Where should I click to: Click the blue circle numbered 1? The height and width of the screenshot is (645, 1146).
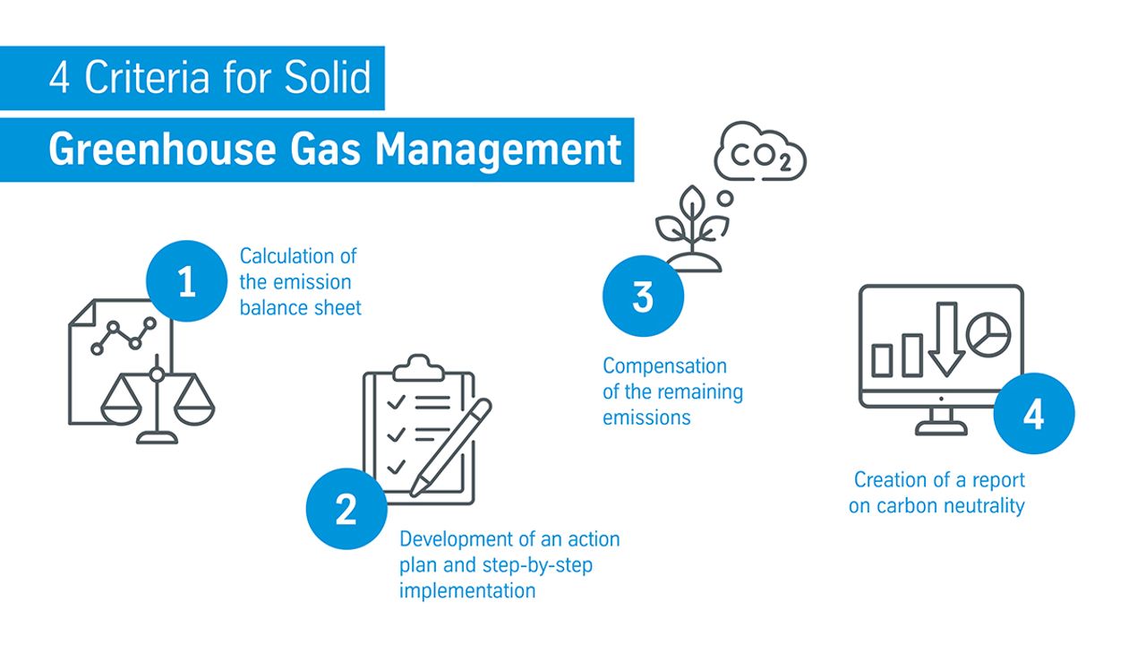tap(186, 281)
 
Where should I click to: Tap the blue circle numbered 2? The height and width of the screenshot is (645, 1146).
tap(346, 509)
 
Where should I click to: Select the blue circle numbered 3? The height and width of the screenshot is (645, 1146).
tap(643, 296)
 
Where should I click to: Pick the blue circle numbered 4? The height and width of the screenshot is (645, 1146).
tap(1034, 414)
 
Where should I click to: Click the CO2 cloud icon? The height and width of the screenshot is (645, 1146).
tap(760, 151)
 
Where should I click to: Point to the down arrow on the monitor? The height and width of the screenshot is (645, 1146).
tap(946, 339)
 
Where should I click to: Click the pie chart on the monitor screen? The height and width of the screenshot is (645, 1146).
tap(988, 334)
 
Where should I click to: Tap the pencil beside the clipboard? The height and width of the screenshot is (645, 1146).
tap(451, 448)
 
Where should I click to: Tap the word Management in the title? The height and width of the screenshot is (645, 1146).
tap(498, 150)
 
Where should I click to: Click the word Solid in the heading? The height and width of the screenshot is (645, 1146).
tap(328, 77)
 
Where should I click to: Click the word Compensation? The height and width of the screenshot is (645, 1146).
tap(664, 366)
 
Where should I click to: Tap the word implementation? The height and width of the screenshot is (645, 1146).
tap(467, 590)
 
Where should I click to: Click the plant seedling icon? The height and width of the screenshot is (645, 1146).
tap(692, 228)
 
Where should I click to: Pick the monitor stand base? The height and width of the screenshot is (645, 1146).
tap(941, 428)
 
